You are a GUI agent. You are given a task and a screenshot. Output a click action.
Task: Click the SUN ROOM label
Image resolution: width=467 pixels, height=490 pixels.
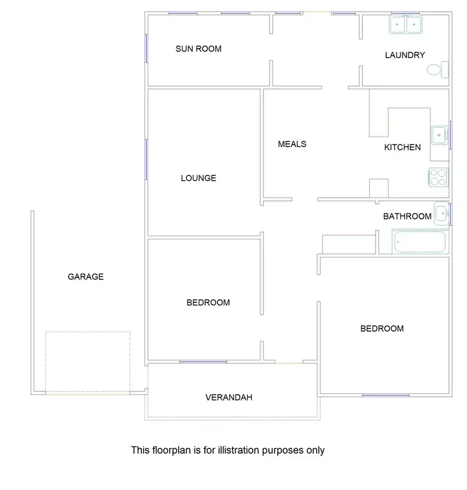pyautogui.click(x=198, y=49)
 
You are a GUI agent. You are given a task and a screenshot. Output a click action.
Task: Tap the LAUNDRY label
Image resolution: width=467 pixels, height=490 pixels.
pyautogui.click(x=405, y=55)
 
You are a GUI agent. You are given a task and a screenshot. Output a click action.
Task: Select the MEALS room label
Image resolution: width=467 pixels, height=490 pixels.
pyautogui.click(x=292, y=144)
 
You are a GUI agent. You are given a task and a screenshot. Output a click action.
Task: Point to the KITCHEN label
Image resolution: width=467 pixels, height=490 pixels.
pyautogui.click(x=402, y=148)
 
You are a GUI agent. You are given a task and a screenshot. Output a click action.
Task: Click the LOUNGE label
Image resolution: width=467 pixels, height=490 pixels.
pyautogui.click(x=198, y=178)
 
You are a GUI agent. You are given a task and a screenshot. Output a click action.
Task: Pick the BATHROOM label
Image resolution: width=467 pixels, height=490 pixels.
pyautogui.click(x=407, y=216)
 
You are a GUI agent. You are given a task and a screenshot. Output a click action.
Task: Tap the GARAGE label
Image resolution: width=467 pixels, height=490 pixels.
pyautogui.click(x=85, y=277)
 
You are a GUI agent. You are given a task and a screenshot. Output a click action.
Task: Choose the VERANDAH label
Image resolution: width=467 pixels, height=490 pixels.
pyautogui.click(x=229, y=397)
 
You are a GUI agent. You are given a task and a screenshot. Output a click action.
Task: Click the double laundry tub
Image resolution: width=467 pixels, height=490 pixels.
pyautogui.click(x=406, y=25)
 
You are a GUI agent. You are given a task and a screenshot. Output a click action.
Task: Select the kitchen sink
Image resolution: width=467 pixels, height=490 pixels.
pyautogui.click(x=440, y=134)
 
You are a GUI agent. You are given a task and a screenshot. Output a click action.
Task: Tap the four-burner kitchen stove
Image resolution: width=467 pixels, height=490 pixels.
pyautogui.click(x=438, y=178)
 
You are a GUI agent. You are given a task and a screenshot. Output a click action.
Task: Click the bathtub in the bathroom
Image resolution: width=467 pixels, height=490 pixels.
pyautogui.click(x=420, y=242)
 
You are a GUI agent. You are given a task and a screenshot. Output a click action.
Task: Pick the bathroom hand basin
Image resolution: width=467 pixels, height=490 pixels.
pyautogui.click(x=441, y=213)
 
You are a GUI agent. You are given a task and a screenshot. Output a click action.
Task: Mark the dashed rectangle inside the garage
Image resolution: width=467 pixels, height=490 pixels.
pyautogui.click(x=87, y=362)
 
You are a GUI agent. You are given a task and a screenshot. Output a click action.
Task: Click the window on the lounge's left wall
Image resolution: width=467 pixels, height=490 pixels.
pyautogui.click(x=146, y=158)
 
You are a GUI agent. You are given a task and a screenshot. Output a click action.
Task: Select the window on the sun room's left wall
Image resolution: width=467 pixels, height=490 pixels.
pyautogui.click(x=146, y=47)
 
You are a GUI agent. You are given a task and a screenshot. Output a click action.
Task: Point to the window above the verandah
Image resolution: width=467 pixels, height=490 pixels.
pyautogui.click(x=203, y=362)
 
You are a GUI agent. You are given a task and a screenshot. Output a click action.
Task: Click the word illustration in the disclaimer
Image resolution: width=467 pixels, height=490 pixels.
pyautogui.click(x=237, y=449)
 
